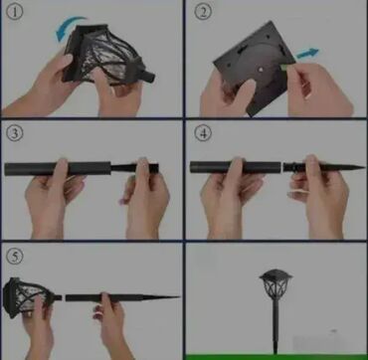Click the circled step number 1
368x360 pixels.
15,13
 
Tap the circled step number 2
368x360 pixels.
203,13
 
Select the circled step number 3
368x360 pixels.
15,133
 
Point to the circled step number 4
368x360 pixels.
203,133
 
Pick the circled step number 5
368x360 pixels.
15,257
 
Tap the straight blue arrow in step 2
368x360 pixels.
307,54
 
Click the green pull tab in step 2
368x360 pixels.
285,67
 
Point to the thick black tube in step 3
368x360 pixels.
58,168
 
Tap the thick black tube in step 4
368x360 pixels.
236,167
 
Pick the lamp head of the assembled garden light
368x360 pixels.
276,284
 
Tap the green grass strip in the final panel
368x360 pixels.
276,357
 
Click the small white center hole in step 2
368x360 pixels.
261,70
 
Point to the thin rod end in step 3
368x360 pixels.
134,168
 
